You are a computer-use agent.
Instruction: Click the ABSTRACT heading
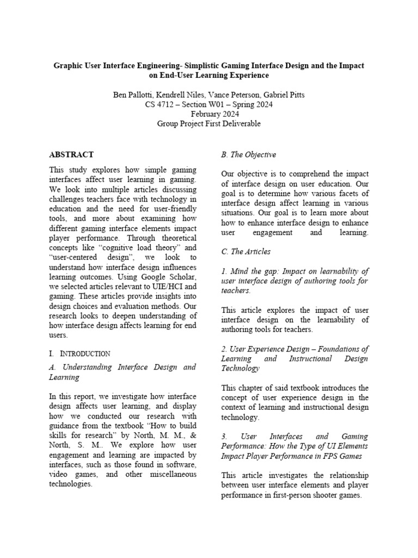pyautogui.click(x=71, y=155)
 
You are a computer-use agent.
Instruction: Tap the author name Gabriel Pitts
pyautogui.click(x=283, y=94)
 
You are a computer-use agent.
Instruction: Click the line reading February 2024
pyautogui.click(x=209, y=114)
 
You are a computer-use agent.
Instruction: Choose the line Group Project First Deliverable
pyautogui.click(x=209, y=124)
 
